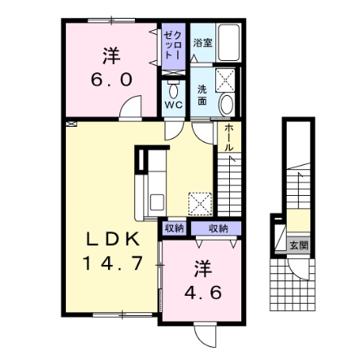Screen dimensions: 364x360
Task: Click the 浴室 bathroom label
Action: click(x=202, y=43)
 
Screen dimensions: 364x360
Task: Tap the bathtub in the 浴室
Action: click(x=229, y=42)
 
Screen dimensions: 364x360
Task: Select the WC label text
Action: click(x=174, y=105)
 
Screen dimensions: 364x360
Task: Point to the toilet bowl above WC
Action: click(x=173, y=91)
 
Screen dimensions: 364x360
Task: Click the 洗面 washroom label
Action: click(x=202, y=95)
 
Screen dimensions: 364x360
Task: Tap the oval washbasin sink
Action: click(x=227, y=105)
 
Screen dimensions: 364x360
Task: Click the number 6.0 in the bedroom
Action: click(x=111, y=80)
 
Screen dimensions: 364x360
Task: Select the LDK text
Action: click(x=113, y=239)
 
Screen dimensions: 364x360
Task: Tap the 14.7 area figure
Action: click(x=112, y=263)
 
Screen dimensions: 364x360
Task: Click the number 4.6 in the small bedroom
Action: click(x=203, y=293)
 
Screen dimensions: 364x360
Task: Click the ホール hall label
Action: click(x=229, y=137)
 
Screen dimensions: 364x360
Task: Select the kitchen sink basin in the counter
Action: click(x=157, y=202)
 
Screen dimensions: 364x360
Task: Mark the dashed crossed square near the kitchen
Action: click(x=201, y=204)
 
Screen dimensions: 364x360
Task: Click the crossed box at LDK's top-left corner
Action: click(x=71, y=124)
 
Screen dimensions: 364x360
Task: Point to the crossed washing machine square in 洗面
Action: click(x=225, y=80)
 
